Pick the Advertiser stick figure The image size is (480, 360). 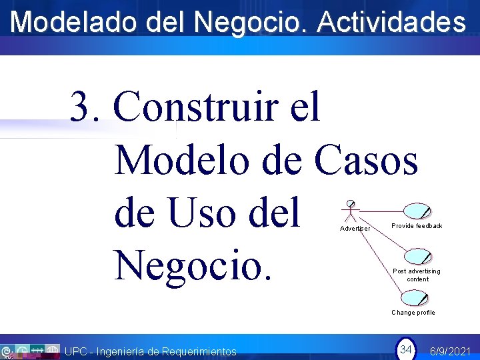coord(350,212)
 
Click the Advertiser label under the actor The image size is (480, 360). coord(355,229)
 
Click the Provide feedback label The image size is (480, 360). coord(417,226)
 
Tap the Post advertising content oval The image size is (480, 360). coord(417,257)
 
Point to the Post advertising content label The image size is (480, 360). coord(417,275)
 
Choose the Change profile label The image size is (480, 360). coord(413,313)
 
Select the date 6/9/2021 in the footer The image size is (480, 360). coord(451,351)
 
